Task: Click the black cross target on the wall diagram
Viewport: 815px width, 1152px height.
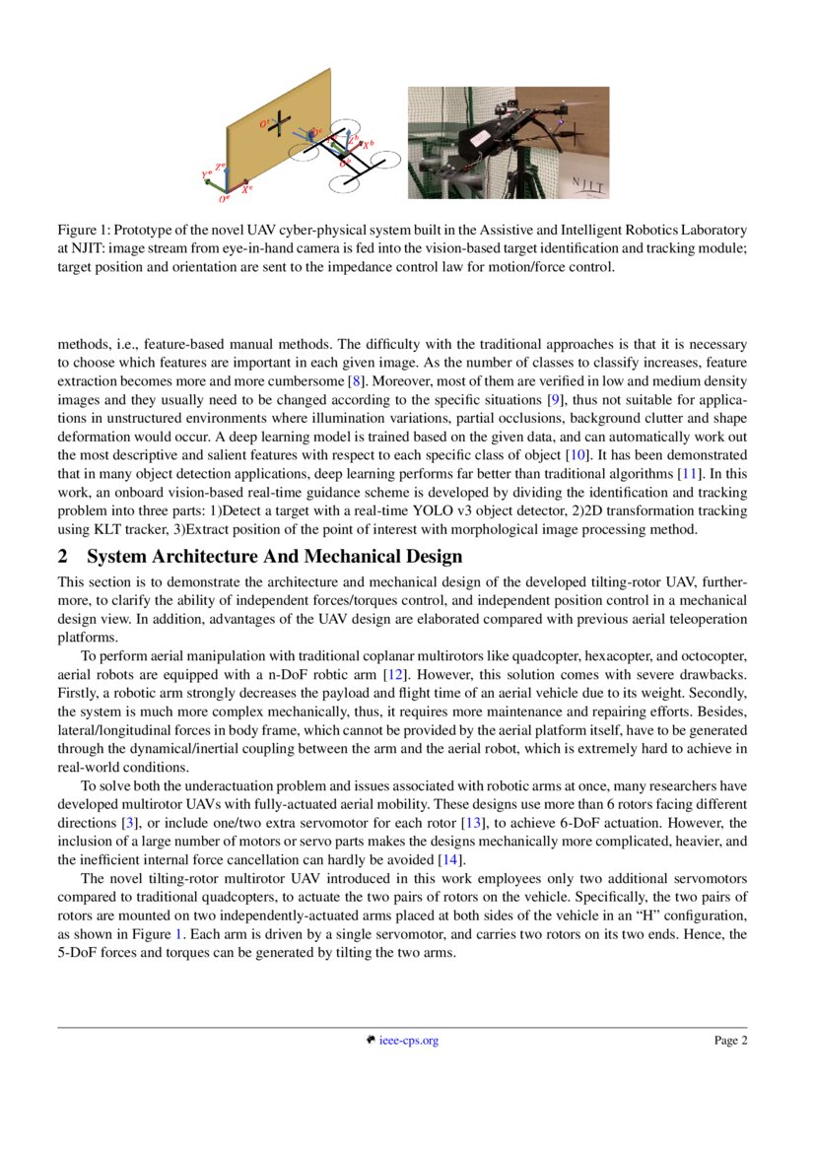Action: pos(280,122)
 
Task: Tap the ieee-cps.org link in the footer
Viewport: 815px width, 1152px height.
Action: pos(408,1041)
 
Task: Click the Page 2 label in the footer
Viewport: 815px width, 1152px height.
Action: pos(730,1041)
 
